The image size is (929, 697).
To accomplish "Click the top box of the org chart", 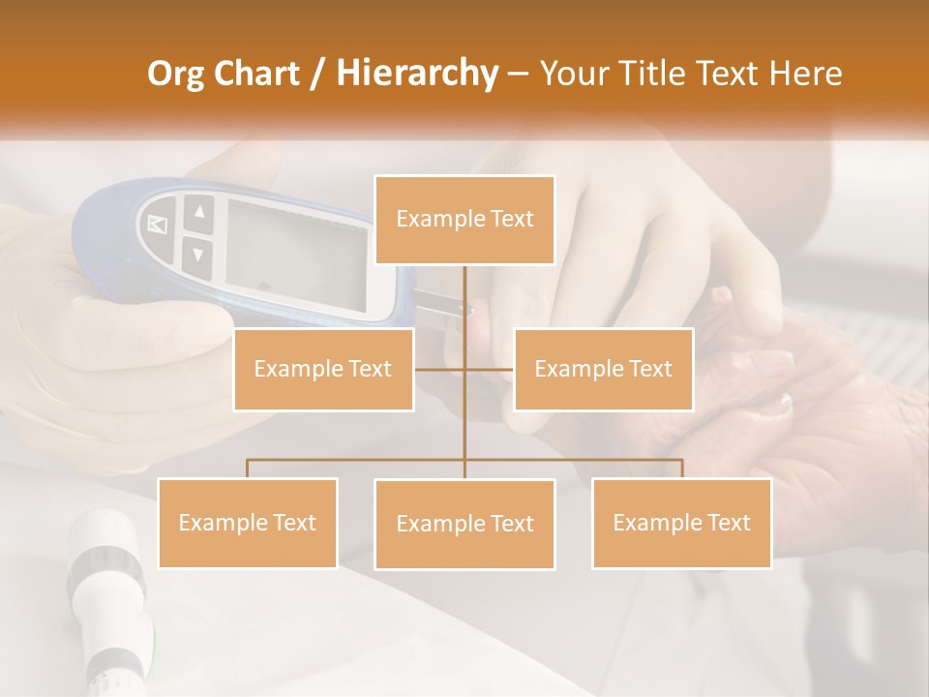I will [464, 220].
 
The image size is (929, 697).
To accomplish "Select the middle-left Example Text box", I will [323, 369].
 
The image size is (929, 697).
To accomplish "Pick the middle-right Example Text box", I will [603, 369].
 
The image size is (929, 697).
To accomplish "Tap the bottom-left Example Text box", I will [248, 523].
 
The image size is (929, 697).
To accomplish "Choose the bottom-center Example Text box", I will [464, 524].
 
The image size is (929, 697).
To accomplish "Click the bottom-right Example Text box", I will [681, 523].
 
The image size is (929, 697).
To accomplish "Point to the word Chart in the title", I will [258, 74].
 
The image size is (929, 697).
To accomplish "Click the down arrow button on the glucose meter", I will [198, 255].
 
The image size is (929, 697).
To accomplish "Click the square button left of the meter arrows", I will [158, 226].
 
